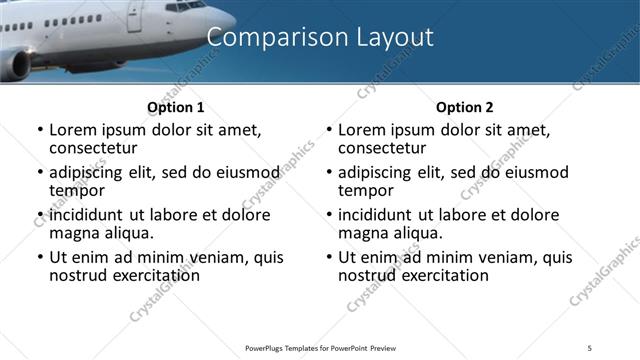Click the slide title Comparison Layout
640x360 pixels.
(320, 38)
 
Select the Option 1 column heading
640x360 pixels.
(175, 107)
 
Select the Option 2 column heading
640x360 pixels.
(464, 107)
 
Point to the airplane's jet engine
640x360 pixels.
(15, 65)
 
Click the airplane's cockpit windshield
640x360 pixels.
(186, 6)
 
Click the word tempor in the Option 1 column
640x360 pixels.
(77, 190)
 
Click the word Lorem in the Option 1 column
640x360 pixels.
(73, 130)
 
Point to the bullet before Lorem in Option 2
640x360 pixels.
(329, 131)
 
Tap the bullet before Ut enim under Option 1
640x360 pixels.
(40, 258)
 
